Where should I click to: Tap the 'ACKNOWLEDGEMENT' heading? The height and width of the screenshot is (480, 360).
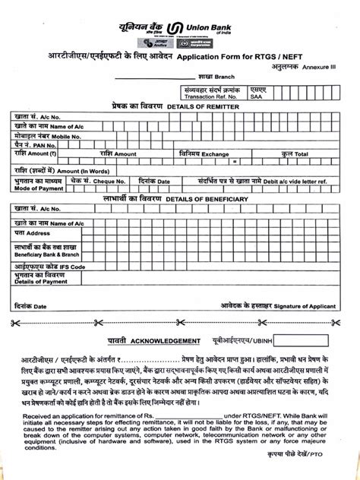pos(172,341)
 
